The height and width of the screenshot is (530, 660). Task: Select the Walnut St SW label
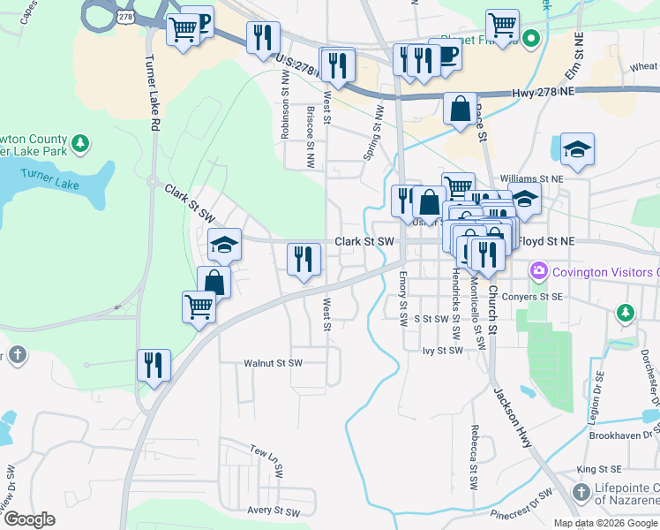(x=273, y=363)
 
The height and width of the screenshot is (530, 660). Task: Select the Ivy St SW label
(x=443, y=351)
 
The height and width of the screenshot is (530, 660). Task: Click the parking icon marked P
(x=200, y=21)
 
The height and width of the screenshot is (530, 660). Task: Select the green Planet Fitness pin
(x=530, y=39)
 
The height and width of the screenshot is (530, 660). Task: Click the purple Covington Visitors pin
(x=537, y=269)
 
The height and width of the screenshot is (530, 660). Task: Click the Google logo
(x=29, y=520)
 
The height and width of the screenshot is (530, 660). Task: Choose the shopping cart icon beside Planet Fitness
(x=502, y=25)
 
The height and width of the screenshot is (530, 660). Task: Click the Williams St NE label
(x=531, y=178)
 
